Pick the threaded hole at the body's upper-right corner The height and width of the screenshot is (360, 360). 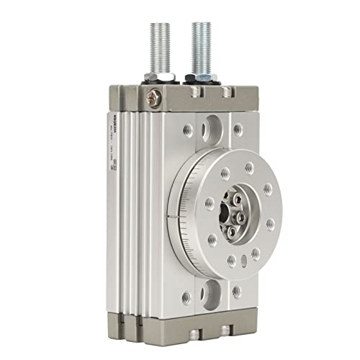238,129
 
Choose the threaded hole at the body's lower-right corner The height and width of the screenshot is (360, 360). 237,292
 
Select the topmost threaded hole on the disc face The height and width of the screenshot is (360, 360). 248,167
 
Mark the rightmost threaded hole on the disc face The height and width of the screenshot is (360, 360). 271,224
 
